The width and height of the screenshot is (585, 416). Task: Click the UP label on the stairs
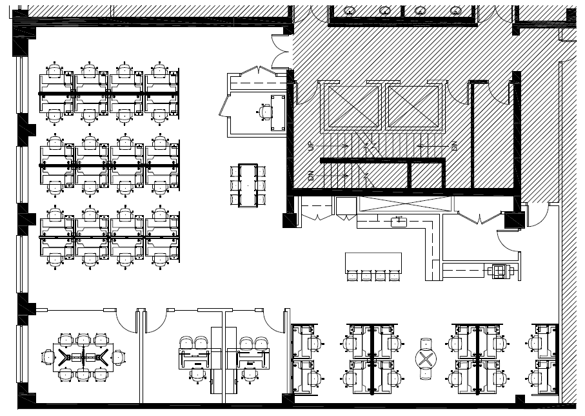pyautogui.click(x=310, y=147)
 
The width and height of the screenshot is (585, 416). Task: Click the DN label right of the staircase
pyautogui.click(x=454, y=147)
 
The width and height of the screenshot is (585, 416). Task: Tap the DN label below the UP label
pyautogui.click(x=310, y=176)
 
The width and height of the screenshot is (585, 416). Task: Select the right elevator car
pyautogui.click(x=413, y=106)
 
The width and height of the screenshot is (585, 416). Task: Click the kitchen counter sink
pyautogui.click(x=399, y=222)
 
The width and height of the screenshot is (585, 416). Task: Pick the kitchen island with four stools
pyautogui.click(x=373, y=262)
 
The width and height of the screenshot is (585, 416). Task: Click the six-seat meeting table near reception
pyautogui.click(x=248, y=185)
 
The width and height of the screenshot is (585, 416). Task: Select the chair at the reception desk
pyautogui.click(x=266, y=112)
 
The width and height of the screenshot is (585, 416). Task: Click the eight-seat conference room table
pyautogui.click(x=83, y=357)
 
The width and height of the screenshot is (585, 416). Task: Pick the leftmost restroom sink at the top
pyautogui.click(x=350, y=10)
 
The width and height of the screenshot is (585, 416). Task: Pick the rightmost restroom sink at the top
pyautogui.click(x=455, y=10)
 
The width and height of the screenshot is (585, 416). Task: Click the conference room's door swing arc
pyautogui.click(x=126, y=320)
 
